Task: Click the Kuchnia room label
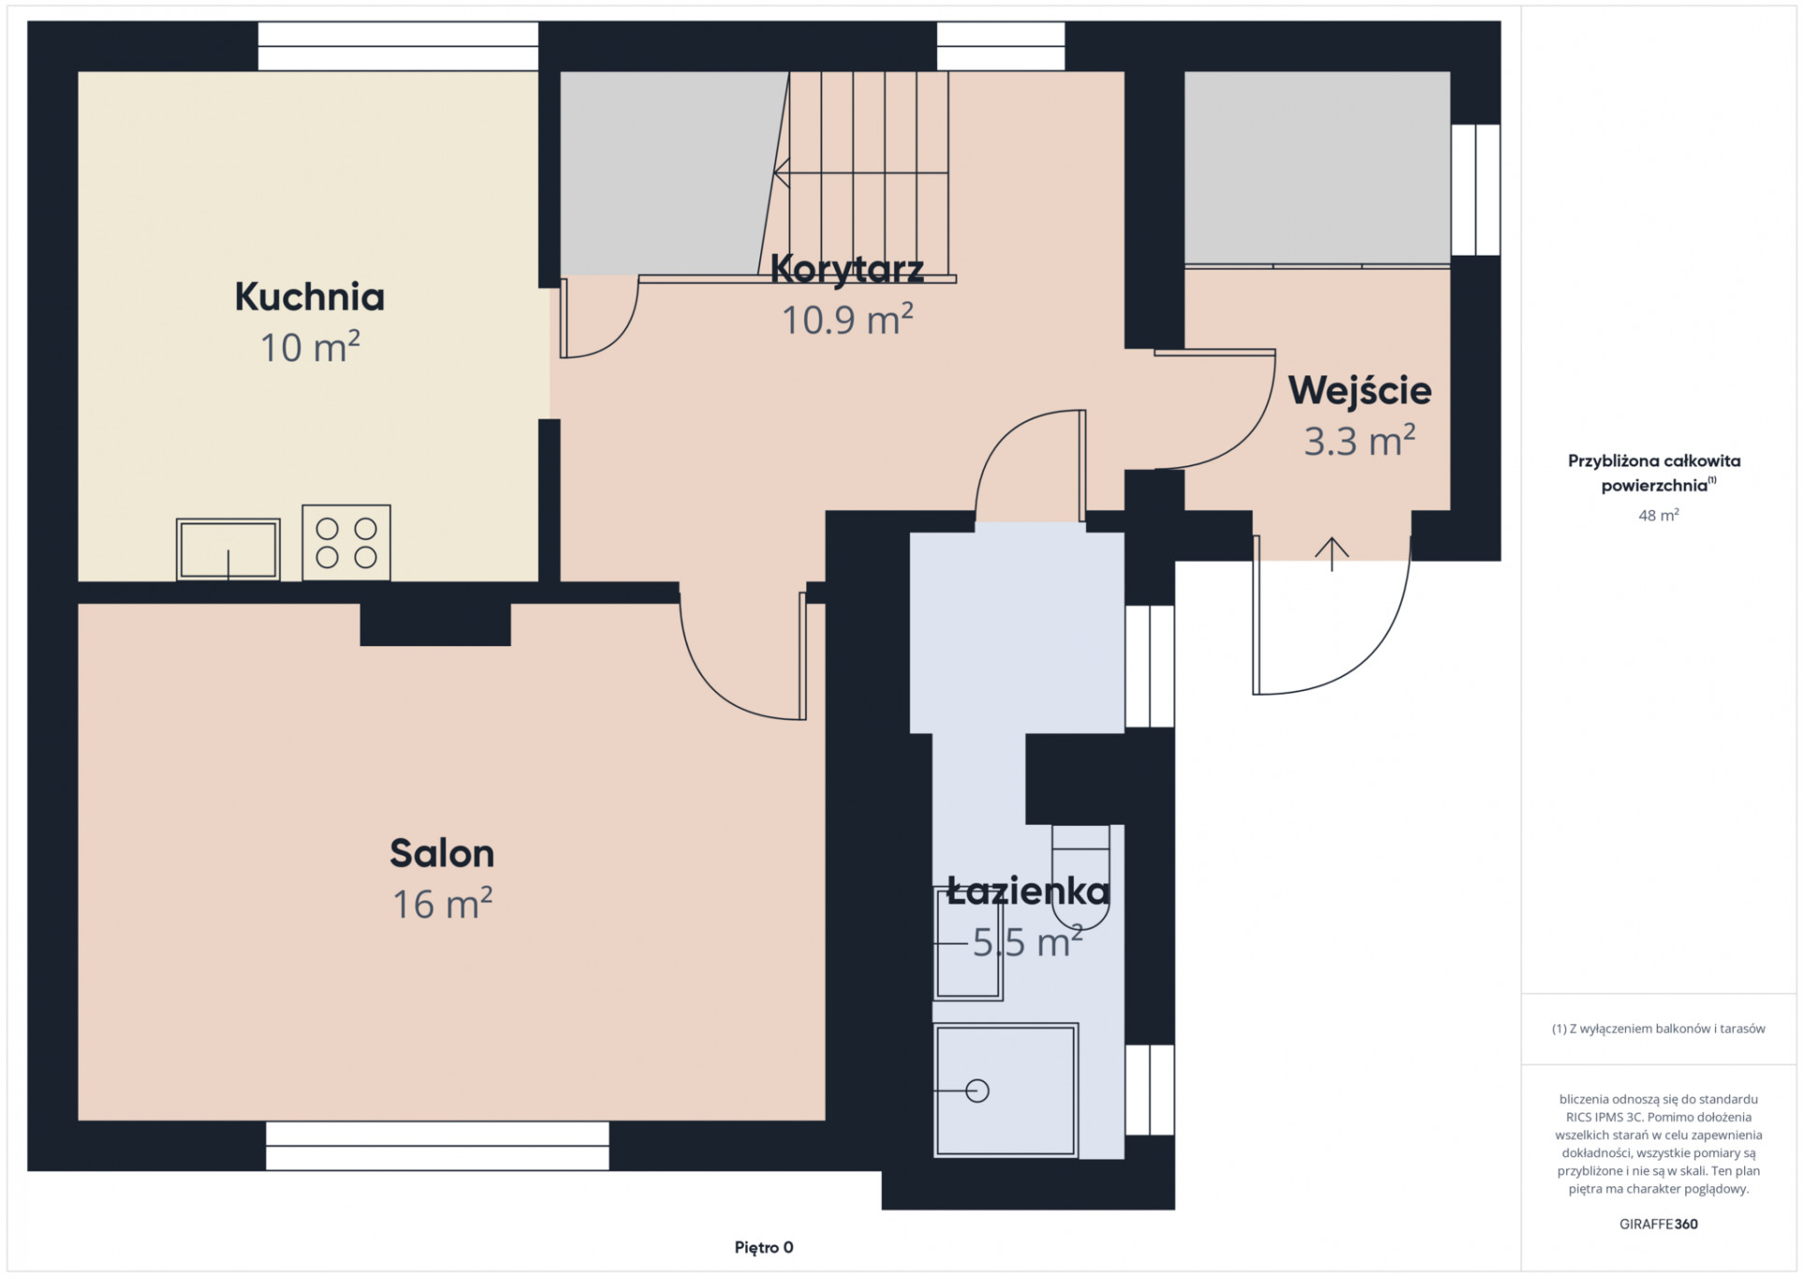coord(309,297)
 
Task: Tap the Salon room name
coord(442,853)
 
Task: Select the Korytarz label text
coord(847,269)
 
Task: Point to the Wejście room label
coord(1359,389)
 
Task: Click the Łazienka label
coord(1028,889)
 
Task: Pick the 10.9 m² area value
coord(847,319)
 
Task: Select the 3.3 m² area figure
coord(1359,441)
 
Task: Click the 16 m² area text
coord(442,903)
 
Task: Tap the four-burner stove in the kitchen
coord(346,542)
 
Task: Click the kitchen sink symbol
coord(228,549)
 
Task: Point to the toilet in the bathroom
coord(1080,876)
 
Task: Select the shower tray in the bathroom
coord(1006,1090)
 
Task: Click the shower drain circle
coord(977,1091)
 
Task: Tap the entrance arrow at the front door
coord(1331,554)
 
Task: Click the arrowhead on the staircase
coord(781,173)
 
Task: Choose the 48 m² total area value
coord(1658,515)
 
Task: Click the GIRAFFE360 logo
coord(1658,1224)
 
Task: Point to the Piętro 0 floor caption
coord(764,1247)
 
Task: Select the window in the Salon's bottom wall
coord(437,1146)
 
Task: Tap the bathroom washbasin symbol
coord(968,944)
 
